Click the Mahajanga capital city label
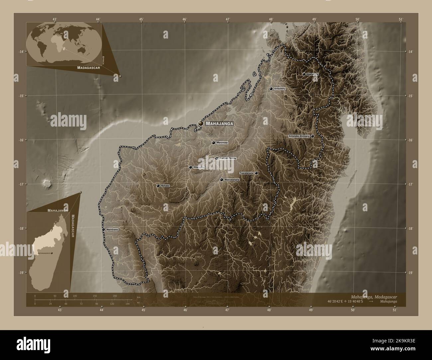220,124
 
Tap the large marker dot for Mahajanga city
201,123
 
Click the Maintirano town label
112,229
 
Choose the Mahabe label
165,186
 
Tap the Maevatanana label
232,180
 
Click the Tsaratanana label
246,173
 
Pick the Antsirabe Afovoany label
299,136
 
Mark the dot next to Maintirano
104,229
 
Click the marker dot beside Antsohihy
271,89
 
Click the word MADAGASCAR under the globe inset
88,67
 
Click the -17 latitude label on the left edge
21,184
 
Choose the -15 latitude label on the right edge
411,96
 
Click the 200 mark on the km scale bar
115,296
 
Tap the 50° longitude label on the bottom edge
353,310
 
